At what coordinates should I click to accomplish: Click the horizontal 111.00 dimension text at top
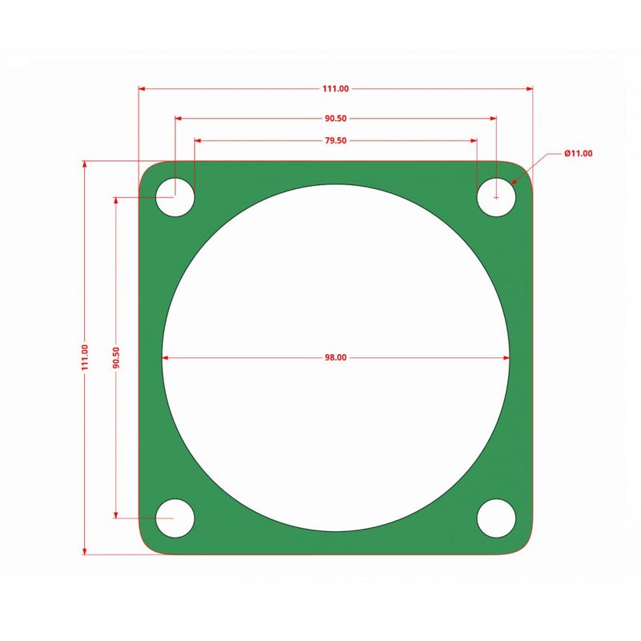(336, 89)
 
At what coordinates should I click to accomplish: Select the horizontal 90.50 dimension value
(336, 119)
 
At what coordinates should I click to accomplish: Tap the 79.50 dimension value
(336, 140)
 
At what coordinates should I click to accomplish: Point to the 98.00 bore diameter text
(336, 358)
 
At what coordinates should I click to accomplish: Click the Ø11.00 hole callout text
(578, 153)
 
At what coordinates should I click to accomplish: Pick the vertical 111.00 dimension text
(85, 357)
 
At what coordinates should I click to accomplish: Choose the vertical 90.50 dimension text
(116, 357)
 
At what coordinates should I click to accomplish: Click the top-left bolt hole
(175, 196)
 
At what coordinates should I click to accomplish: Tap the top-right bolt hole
(497, 196)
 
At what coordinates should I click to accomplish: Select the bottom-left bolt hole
(175, 518)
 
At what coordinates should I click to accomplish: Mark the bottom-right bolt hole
(497, 518)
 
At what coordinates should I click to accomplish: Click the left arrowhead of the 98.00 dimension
(166, 358)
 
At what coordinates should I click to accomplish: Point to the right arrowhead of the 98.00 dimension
(506, 358)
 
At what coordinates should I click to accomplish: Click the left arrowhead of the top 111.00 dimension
(143, 89)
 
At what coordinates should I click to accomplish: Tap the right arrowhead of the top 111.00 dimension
(529, 89)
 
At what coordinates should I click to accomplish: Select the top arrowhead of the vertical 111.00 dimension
(85, 164)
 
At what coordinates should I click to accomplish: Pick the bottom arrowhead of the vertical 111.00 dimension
(85, 550)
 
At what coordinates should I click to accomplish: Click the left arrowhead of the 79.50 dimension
(198, 140)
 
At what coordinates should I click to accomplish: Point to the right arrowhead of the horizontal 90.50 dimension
(493, 119)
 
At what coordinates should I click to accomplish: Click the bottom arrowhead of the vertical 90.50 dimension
(116, 514)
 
